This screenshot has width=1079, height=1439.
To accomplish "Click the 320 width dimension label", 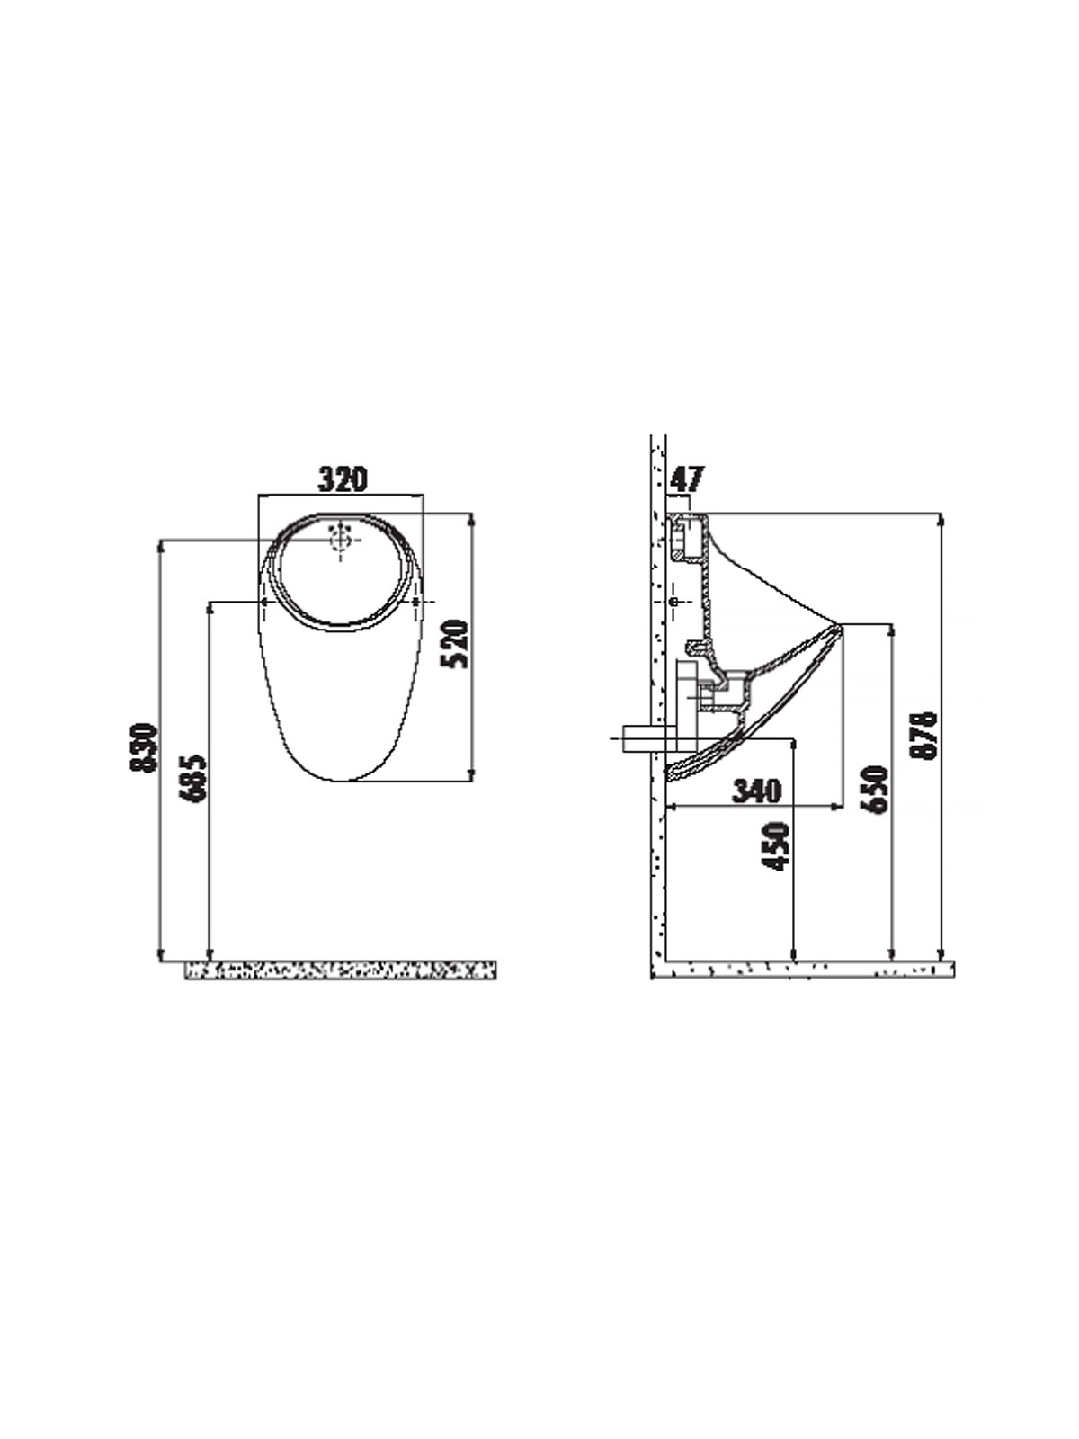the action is point(343,479).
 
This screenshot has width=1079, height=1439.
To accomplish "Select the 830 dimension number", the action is point(144,748).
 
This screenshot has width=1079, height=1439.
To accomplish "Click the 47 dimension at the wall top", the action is point(686,480).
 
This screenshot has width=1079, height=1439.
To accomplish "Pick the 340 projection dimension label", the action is point(757,791).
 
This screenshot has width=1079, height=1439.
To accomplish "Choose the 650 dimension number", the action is point(876,790).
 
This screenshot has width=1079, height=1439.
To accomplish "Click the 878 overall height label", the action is point(926,735).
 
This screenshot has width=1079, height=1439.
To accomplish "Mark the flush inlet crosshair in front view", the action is point(341,540).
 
